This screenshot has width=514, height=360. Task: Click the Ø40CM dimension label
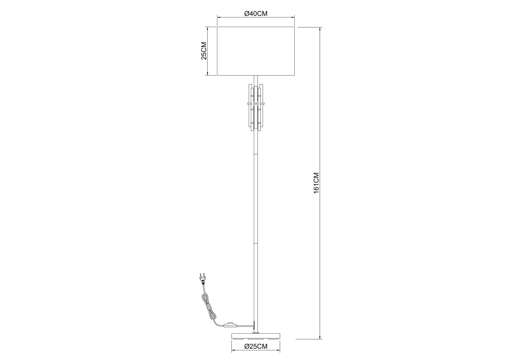pyautogui.click(x=256, y=13)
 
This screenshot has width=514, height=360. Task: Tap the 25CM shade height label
pyautogui.click(x=204, y=51)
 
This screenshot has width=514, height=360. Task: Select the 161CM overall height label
pyautogui.click(x=316, y=183)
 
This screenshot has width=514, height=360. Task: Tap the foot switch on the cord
pyautogui.click(x=230, y=325)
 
